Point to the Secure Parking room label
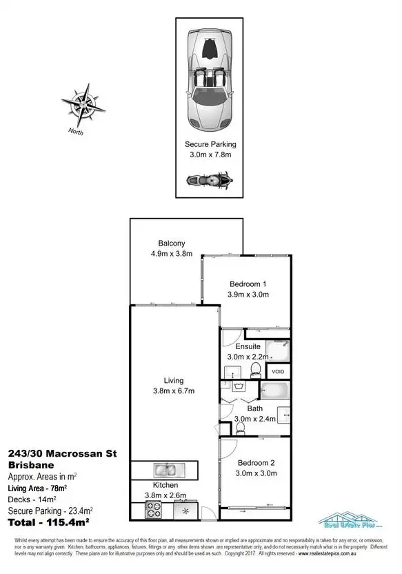[x=210, y=144]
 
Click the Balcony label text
[x=170, y=243]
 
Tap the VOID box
[x=277, y=371]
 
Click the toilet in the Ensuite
[x=254, y=371]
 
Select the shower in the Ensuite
[x=277, y=348]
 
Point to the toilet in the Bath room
[x=239, y=428]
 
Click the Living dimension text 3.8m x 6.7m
[x=174, y=391]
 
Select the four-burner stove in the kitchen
[x=154, y=511]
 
